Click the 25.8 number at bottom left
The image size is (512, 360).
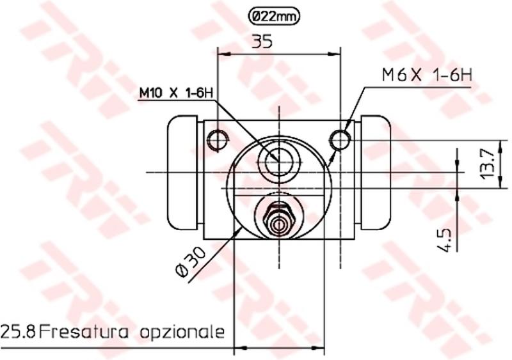click(x=18, y=332)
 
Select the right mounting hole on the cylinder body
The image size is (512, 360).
click(x=340, y=137)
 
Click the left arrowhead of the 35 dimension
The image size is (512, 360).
click(x=223, y=55)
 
